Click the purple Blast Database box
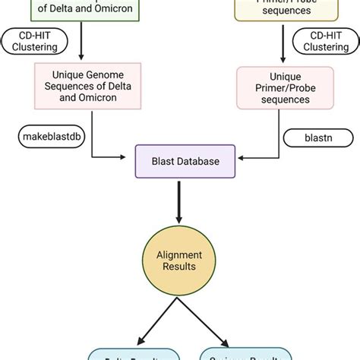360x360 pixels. coord(179,161)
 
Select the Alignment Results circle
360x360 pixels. coord(179,260)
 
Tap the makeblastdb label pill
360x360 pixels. coord(48,137)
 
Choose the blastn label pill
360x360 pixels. coord(308,138)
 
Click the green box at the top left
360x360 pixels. coord(82,9)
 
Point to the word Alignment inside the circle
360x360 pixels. coord(179,254)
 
